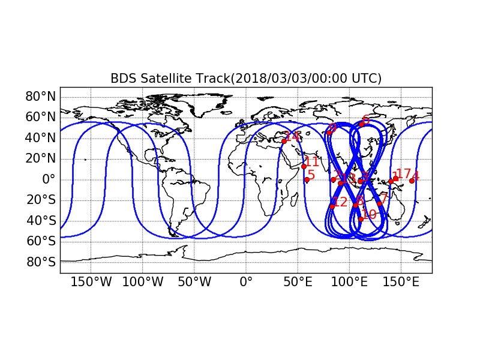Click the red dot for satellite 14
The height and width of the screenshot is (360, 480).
[x=284, y=141]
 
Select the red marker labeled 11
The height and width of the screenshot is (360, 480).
[x=304, y=166]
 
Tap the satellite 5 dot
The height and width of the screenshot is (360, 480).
[x=307, y=179]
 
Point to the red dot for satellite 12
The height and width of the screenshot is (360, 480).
[x=332, y=206]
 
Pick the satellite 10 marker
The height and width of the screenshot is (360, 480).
[x=361, y=219]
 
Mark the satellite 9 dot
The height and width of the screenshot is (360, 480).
[x=329, y=133]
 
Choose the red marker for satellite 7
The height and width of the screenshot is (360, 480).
[x=379, y=203]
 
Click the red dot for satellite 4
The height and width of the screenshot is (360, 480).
[x=412, y=181]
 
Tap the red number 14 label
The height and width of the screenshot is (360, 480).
[x=292, y=136]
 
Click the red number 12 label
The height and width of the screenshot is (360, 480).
[x=340, y=202]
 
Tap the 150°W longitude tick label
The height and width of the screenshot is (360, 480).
[x=91, y=281]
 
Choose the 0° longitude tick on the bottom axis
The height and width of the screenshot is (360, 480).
[x=246, y=281]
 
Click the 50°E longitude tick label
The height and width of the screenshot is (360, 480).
[x=297, y=281]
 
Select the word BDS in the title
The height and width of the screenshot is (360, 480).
[x=123, y=79]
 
